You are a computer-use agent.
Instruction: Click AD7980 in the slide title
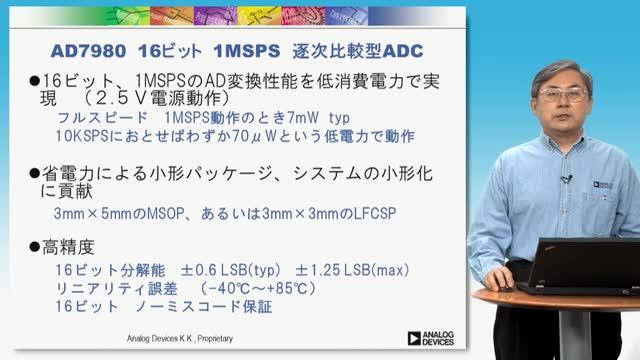click(x=89, y=51)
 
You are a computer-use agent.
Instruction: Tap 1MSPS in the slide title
click(x=247, y=51)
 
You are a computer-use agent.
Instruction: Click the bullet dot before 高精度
click(x=35, y=247)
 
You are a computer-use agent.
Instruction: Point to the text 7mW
click(x=303, y=118)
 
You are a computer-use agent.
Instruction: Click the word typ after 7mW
click(x=339, y=119)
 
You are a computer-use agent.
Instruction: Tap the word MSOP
click(x=165, y=213)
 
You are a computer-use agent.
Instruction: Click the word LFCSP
click(x=375, y=213)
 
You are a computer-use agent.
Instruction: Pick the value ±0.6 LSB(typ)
click(x=231, y=270)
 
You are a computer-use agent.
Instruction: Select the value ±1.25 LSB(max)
click(x=352, y=270)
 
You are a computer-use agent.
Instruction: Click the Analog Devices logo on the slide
click(x=431, y=338)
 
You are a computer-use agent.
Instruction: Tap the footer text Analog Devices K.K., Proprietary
click(x=180, y=338)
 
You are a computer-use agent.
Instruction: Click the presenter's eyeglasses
click(x=563, y=95)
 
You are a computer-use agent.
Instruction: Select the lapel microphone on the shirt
click(x=567, y=179)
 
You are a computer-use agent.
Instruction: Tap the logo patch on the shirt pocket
click(x=603, y=185)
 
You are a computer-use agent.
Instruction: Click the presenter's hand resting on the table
click(x=500, y=279)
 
